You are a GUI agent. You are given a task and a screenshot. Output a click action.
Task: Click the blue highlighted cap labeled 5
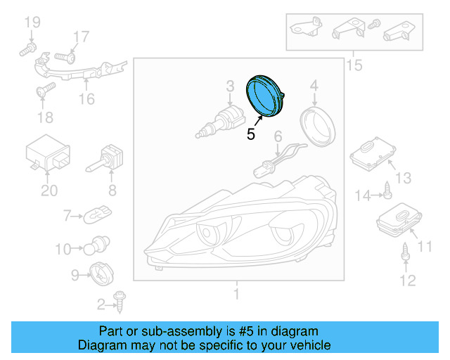click(264, 94)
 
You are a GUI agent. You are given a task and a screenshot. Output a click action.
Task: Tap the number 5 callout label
click(251, 133)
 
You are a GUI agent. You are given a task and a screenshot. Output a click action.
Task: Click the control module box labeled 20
click(48, 157)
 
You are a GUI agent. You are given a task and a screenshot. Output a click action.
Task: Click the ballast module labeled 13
click(371, 154)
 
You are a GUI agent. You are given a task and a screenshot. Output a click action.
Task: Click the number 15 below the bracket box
click(354, 65)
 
